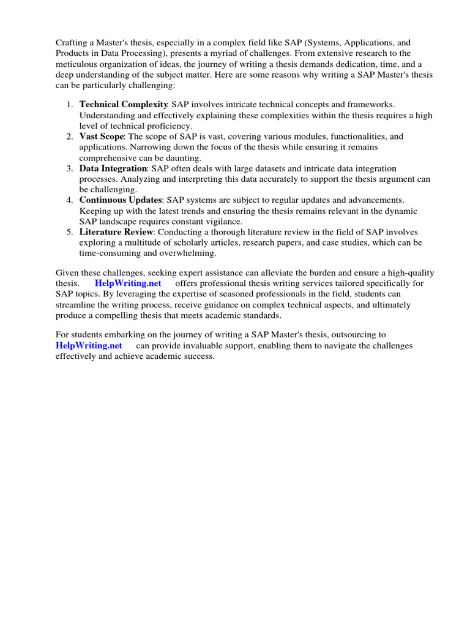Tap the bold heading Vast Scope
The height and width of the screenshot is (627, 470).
(101, 137)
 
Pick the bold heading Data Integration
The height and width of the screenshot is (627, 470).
(113, 168)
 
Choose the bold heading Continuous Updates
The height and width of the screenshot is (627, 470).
(121, 200)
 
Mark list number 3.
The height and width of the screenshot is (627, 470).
(70, 168)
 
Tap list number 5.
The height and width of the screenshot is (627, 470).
(70, 232)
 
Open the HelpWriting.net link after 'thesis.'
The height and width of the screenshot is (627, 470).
(128, 283)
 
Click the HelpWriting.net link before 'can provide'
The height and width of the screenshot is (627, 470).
(89, 346)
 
